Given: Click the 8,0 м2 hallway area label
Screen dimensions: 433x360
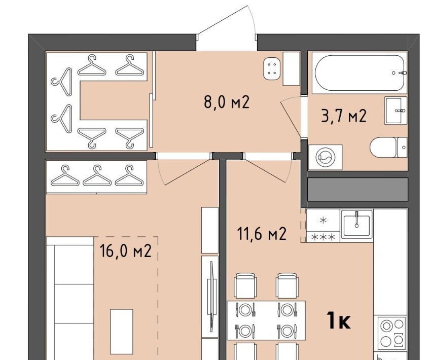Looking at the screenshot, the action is (x=227, y=102).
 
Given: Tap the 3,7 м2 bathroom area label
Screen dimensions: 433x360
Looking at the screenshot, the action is (x=344, y=116).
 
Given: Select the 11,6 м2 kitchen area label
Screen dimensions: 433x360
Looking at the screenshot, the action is (x=262, y=234).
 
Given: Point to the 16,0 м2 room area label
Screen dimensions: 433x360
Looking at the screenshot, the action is (x=126, y=251).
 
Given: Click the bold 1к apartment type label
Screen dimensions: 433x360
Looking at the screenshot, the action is (x=339, y=320).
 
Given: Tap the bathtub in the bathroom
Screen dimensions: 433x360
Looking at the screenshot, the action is (x=359, y=73).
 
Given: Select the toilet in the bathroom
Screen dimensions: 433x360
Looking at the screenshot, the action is (x=388, y=147).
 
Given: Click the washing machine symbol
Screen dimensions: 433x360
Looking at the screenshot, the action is (x=326, y=157).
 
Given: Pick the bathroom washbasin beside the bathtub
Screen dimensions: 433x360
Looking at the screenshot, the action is (x=396, y=111).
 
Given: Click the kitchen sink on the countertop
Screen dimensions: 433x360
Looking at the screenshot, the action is (x=356, y=223).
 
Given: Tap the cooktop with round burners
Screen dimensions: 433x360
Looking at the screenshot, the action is (x=391, y=332).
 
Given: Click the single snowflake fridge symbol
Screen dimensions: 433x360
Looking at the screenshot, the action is (x=323, y=220).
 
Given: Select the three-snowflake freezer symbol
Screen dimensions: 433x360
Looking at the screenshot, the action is (x=323, y=237).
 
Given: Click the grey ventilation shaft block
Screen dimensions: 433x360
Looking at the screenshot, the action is (x=357, y=190).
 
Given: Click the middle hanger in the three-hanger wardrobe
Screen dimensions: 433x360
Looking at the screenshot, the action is (x=97, y=175).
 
